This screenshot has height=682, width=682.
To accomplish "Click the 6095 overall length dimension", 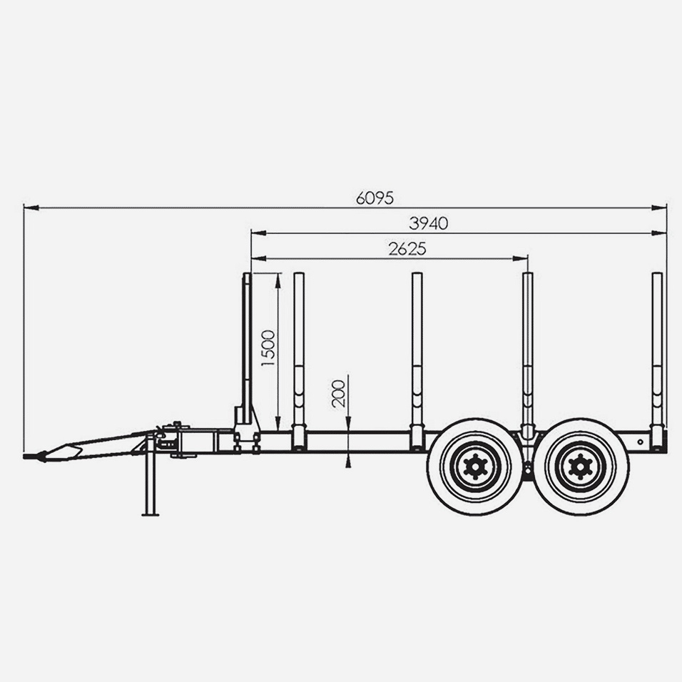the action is tap(375, 198).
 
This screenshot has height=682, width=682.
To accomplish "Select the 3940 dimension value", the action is tap(429, 223).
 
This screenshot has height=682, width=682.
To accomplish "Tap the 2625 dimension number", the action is tap(407, 249).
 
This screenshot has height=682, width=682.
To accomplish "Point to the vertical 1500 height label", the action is tap(268, 348).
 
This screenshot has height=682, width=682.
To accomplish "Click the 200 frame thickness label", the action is tap(338, 394).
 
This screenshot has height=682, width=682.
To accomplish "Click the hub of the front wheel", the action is tap(475, 467).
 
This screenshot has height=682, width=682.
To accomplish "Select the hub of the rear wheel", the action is tap(580, 467).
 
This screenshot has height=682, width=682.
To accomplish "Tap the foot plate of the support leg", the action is tap(151, 515).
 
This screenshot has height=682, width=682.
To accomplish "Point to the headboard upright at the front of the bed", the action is tap(247, 348).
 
